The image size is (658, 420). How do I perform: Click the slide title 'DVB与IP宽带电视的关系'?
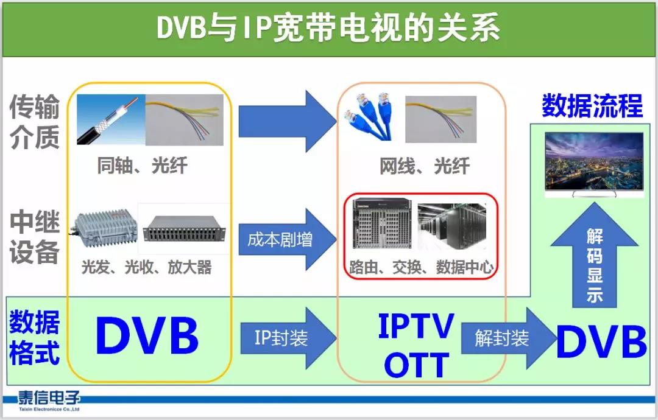[328, 28]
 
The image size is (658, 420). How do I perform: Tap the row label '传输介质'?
[34, 122]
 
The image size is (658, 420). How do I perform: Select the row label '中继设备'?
[34, 237]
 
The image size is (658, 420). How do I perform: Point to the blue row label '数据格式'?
[34, 337]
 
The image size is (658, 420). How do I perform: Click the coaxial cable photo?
[111, 119]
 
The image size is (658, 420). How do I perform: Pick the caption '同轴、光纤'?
[142, 165]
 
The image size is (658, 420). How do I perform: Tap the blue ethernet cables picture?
[369, 116]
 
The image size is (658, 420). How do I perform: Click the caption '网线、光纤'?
[425, 166]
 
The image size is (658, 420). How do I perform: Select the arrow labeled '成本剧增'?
[288, 239]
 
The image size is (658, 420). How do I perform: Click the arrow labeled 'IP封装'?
[289, 338]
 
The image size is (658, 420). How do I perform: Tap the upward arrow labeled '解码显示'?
[595, 256]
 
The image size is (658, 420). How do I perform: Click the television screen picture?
[594, 164]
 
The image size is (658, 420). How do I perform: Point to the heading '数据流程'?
[592, 106]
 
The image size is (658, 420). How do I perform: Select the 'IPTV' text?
[416, 326]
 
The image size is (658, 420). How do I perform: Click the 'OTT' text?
[416, 365]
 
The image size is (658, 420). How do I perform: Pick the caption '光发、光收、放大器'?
[146, 267]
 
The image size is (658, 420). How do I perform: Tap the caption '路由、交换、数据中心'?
[422, 267]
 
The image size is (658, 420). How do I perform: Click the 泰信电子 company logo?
[49, 401]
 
